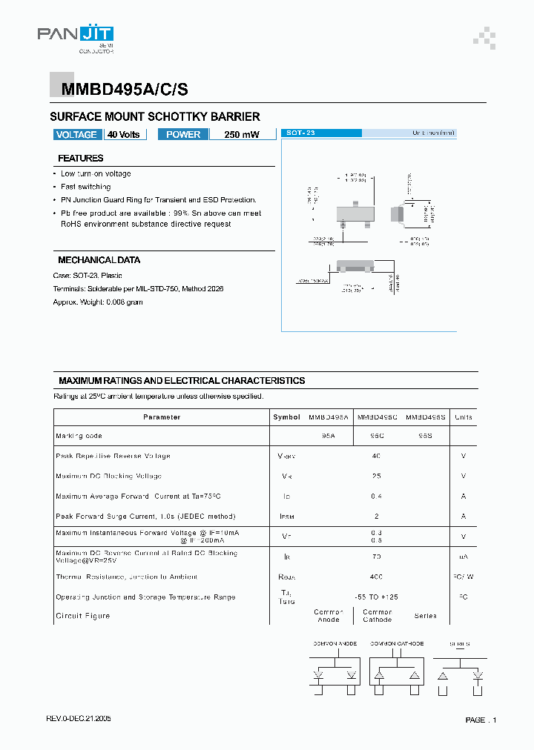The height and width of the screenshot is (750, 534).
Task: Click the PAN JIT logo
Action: (x=75, y=36)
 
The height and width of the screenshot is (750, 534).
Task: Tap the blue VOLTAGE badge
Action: (x=76, y=134)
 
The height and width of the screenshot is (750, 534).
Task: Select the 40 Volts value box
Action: (x=124, y=134)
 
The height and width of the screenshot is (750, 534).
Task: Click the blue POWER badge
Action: (x=183, y=134)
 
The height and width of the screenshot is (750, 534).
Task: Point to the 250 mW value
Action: (x=242, y=135)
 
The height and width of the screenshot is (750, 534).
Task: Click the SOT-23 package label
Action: (x=300, y=133)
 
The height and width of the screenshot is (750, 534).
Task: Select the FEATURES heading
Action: (x=81, y=158)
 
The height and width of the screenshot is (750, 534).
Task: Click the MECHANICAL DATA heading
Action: (x=99, y=260)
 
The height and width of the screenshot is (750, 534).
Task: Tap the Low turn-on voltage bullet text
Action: (x=96, y=173)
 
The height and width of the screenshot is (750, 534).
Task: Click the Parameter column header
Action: (x=162, y=417)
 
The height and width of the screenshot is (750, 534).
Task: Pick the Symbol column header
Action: (x=286, y=417)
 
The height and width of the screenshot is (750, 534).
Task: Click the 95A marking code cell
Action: (x=329, y=437)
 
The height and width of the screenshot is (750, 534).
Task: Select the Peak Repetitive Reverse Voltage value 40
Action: (x=376, y=456)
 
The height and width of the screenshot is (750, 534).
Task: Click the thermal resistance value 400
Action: (x=376, y=577)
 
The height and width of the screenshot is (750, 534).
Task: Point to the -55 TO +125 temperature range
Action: (x=376, y=597)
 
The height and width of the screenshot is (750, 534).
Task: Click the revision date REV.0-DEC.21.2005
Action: (x=79, y=719)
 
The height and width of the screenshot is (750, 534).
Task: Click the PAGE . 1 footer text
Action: (x=481, y=720)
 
